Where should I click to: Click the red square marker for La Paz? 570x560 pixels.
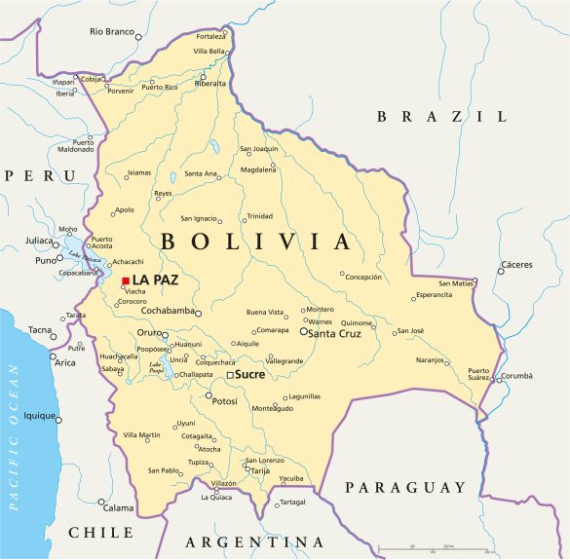[126, 280]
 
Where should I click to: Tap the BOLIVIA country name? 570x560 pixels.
[254, 242]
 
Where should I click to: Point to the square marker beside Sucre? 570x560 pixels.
[230, 374]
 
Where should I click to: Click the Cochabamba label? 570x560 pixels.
[167, 313]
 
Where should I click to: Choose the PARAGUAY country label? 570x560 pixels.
[406, 487]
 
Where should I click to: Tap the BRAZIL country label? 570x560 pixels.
[442, 116]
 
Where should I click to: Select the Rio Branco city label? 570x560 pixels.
[110, 32]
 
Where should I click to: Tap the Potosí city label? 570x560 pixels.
[225, 400]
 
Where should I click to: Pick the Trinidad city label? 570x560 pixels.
[259, 216]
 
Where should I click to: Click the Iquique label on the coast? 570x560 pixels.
[40, 416]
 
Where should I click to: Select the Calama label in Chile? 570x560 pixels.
[119, 507]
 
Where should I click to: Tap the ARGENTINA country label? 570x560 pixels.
[254, 541]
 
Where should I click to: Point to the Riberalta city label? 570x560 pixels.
[210, 83]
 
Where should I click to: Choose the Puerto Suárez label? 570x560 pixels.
[478, 374]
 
